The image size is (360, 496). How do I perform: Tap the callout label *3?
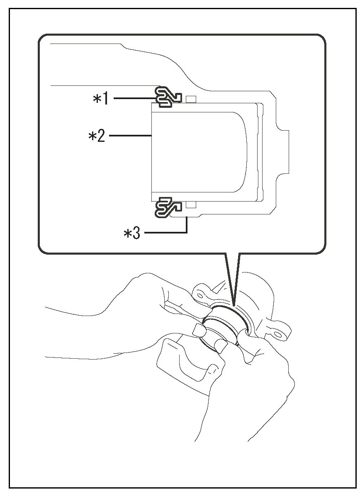pyautogui.click(x=132, y=233)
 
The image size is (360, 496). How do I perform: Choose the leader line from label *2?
pyautogui.click(x=129, y=135)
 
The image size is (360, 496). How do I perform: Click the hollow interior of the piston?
pyautogui.click(x=199, y=151)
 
